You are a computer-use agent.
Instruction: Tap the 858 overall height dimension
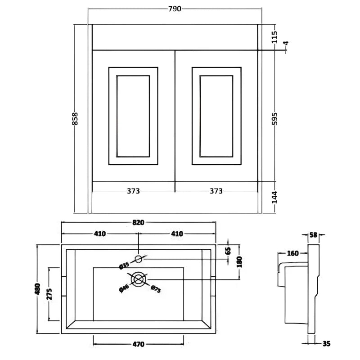click(x=76, y=119)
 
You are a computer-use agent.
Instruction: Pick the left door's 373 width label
click(x=133, y=191)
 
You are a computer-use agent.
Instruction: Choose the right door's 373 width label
click(x=216, y=191)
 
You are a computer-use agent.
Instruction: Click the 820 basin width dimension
click(x=138, y=222)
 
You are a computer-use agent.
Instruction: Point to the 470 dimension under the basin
click(x=138, y=345)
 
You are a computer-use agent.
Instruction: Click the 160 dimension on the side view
click(x=293, y=253)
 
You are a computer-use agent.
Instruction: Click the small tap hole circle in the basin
click(x=139, y=259)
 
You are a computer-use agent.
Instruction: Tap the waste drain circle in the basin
click(x=139, y=280)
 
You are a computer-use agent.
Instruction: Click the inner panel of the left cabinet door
click(x=133, y=116)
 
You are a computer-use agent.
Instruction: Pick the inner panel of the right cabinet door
click(x=216, y=116)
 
